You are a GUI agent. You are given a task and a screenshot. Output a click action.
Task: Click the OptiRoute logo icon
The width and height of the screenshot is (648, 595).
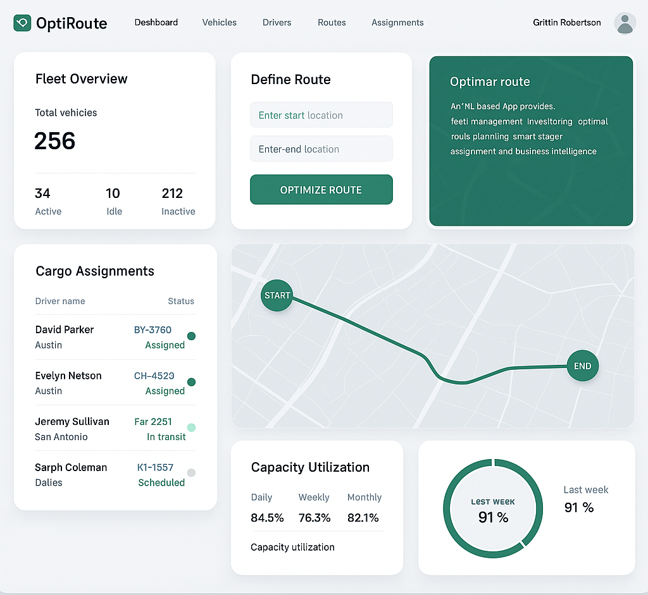click(x=22, y=23)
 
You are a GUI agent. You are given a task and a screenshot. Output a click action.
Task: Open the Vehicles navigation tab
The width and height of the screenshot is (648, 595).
click(x=219, y=23)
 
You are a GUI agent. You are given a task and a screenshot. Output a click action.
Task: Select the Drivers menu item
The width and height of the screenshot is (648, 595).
click(x=277, y=23)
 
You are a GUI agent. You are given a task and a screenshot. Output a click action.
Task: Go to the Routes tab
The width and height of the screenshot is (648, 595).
click(x=332, y=23)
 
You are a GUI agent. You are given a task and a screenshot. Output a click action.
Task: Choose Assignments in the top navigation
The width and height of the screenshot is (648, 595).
click(x=397, y=23)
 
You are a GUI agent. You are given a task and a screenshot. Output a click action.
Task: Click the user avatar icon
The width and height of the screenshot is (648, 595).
click(x=625, y=23)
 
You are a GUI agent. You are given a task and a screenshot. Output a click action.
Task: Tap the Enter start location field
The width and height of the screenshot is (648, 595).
click(x=321, y=115)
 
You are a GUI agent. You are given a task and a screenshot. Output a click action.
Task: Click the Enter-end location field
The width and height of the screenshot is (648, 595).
click(x=321, y=149)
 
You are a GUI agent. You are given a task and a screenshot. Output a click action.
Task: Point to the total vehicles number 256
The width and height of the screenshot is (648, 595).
click(x=55, y=141)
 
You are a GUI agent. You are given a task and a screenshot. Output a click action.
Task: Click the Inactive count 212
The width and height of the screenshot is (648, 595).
click(x=172, y=193)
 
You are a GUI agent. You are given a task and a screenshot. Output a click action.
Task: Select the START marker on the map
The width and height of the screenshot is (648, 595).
click(x=277, y=295)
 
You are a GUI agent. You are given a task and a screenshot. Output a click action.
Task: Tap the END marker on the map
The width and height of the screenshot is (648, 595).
click(x=582, y=366)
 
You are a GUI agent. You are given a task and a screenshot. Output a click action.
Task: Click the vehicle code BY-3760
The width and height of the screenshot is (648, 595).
click(x=153, y=329)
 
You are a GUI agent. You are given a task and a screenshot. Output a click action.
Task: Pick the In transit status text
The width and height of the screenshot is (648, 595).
click(x=166, y=437)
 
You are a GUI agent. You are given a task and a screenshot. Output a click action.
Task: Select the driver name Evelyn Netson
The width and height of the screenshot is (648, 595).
click(x=68, y=376)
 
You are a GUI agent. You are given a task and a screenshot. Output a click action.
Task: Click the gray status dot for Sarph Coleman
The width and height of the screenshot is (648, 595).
click(x=191, y=472)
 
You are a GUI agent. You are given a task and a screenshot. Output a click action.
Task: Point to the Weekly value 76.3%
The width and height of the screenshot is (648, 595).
click(x=315, y=518)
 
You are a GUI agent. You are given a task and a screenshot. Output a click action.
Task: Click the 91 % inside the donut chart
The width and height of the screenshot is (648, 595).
click(x=493, y=517)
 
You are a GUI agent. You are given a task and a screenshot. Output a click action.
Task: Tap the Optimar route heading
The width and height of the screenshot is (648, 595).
click(x=489, y=82)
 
